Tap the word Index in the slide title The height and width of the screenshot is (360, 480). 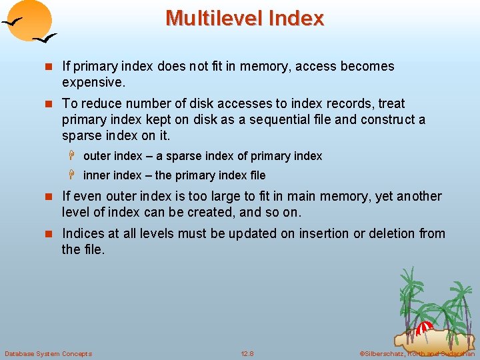point(295,18)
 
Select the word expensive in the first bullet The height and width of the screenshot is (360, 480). point(93,83)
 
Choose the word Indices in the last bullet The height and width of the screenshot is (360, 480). point(83,233)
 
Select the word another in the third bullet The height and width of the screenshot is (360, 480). point(419,196)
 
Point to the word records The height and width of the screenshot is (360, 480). point(347,103)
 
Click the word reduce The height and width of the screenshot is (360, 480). point(99,103)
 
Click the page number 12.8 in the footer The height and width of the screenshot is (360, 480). point(247,353)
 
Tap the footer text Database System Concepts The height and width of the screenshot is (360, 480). point(48,353)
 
